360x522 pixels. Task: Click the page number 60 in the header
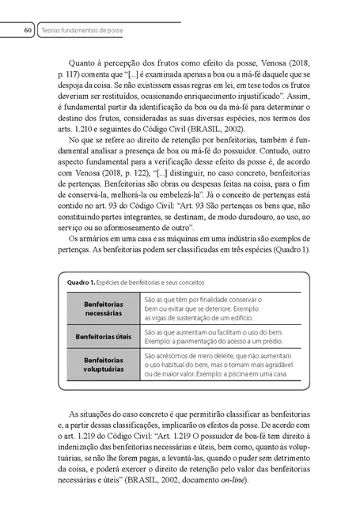coord(28,31)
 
